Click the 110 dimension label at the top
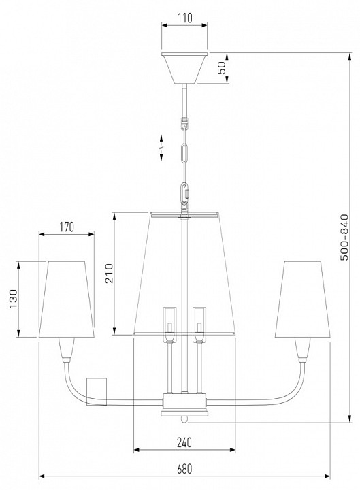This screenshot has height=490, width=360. [x=185, y=18]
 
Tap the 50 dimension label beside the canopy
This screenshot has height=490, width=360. [x=221, y=67]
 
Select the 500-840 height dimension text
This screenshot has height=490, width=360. [x=344, y=238]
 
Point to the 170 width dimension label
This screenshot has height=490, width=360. [x=67, y=227]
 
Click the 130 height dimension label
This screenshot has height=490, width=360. [x=13, y=299]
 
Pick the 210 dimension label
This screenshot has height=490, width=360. [x=109, y=274]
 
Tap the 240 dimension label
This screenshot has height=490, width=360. [x=184, y=442]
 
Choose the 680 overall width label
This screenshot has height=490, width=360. [x=184, y=469]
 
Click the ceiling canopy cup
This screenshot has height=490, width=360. [x=184, y=68]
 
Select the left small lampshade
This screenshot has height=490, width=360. [x=67, y=299]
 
